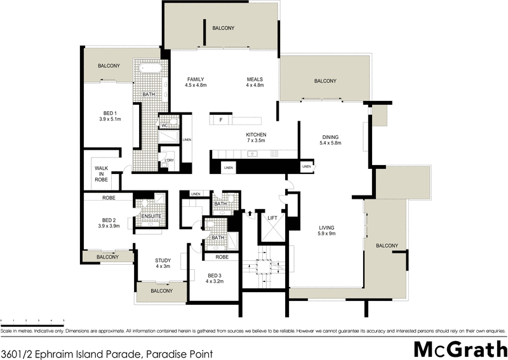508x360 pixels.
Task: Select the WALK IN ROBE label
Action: (x=101, y=174)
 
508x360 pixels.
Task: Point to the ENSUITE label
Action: (x=150, y=217)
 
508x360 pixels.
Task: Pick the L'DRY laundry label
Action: (x=169, y=160)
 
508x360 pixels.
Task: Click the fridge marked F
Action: (x=220, y=120)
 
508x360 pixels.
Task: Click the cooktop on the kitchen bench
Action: (x=274, y=153)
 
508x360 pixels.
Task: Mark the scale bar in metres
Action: (x=32, y=321)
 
